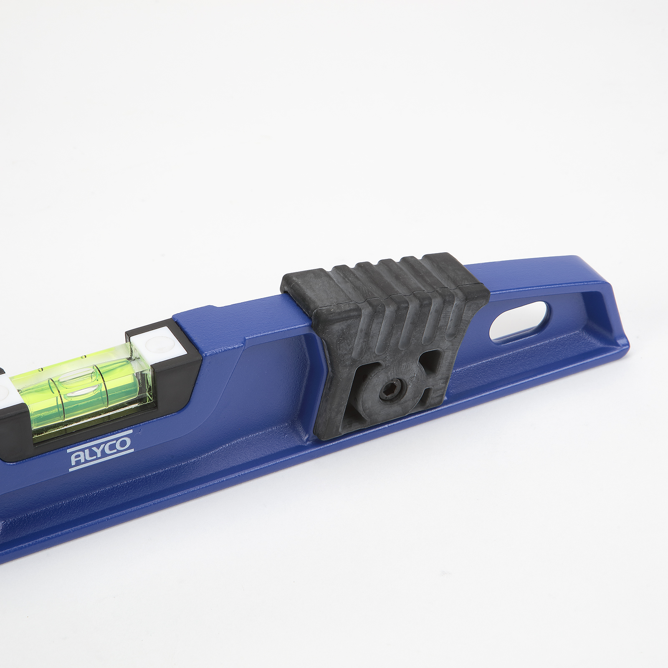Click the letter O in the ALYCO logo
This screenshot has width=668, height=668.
point(125,444)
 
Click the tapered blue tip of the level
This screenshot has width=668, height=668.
point(601,317)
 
